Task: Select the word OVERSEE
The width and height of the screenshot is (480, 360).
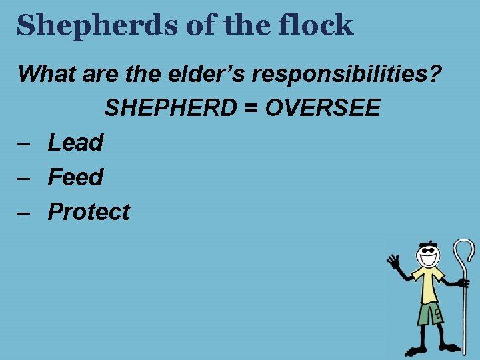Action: point(323,107)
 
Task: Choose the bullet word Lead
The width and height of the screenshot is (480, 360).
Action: point(76,142)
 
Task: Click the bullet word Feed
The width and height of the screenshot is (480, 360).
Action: point(76,177)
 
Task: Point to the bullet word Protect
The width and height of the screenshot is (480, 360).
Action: point(89,211)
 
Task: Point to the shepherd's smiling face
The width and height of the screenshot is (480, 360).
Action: point(427,255)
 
